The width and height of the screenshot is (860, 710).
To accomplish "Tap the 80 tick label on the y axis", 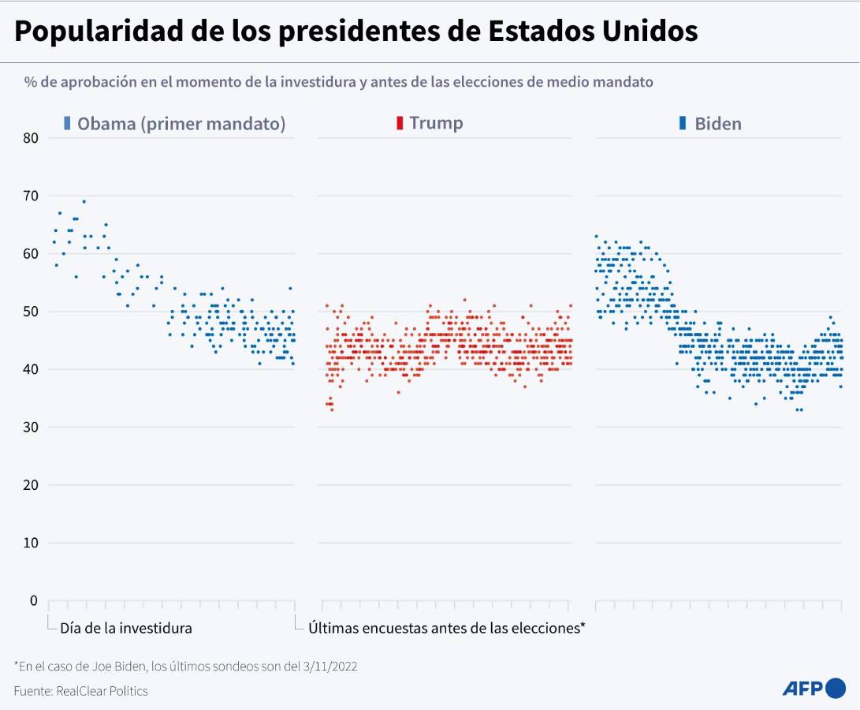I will click(31, 138).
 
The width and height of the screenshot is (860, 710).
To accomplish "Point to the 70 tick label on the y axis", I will click(31, 196).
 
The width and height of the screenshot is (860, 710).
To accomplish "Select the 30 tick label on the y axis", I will click(31, 428).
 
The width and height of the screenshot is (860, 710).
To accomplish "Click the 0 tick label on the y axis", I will click(34, 601).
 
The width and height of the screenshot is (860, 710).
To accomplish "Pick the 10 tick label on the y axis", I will click(31, 543).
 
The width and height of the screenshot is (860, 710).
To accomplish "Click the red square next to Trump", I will click(400, 123).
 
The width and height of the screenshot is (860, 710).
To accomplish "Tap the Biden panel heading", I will click(717, 124).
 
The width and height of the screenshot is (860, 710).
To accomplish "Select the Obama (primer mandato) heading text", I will click(181, 124).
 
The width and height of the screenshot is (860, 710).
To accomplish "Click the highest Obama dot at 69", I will click(84, 201).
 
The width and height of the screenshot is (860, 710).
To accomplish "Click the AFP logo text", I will click(802, 688).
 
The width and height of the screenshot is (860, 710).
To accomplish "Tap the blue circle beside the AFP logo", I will click(836, 688).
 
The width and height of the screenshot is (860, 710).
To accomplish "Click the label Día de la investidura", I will click(126, 629).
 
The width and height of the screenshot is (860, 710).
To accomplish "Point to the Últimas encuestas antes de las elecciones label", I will click(446, 629).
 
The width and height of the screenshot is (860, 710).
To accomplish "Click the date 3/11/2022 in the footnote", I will click(330, 667).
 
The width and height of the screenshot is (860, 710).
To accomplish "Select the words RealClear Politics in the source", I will click(102, 691).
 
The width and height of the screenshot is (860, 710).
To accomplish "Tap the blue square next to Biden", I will click(683, 123).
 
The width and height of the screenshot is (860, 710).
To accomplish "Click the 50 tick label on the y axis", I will click(31, 312).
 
